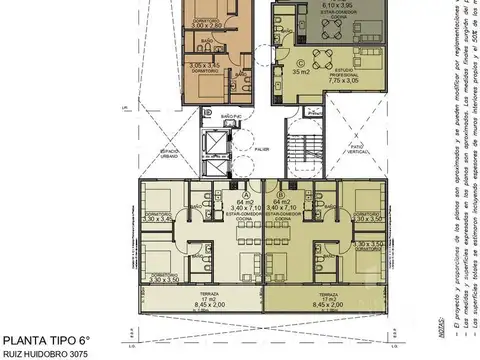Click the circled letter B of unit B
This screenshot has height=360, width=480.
[x=285, y=195]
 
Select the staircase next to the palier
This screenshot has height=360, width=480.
[x=299, y=147]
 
